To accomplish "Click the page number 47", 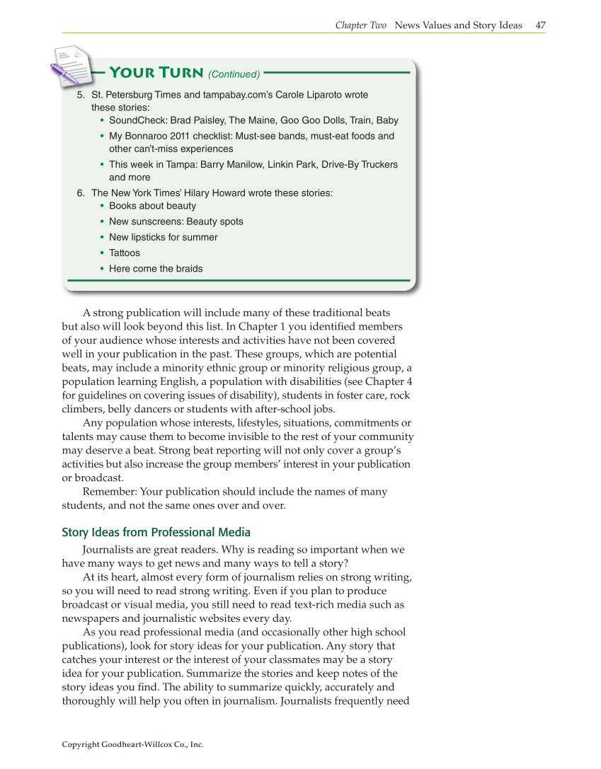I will [540, 25].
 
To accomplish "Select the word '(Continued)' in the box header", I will [234, 74].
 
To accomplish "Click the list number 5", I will [80, 95].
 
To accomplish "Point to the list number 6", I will [80, 192].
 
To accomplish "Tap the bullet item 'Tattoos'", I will [125, 253].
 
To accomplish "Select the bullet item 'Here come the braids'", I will [156, 268].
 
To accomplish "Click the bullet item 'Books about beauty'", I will [152, 206].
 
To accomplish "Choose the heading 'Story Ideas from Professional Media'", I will [156, 532].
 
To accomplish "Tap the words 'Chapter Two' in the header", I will [361, 25].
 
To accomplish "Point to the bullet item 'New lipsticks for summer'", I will [163, 237].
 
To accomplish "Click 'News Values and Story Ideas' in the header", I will [458, 25].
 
